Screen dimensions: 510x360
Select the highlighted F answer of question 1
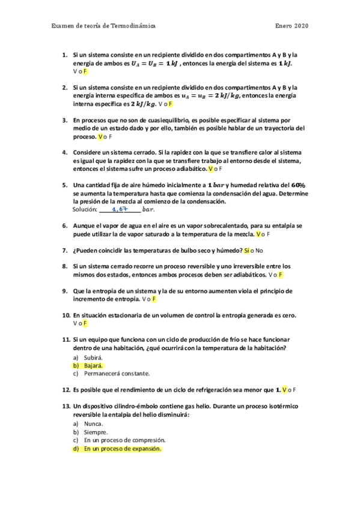click(86, 72)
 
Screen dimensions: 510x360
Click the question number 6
click(66, 226)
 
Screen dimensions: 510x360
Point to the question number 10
click(66, 315)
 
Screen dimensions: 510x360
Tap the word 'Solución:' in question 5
click(85, 210)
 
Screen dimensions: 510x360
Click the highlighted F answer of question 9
click(154, 298)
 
